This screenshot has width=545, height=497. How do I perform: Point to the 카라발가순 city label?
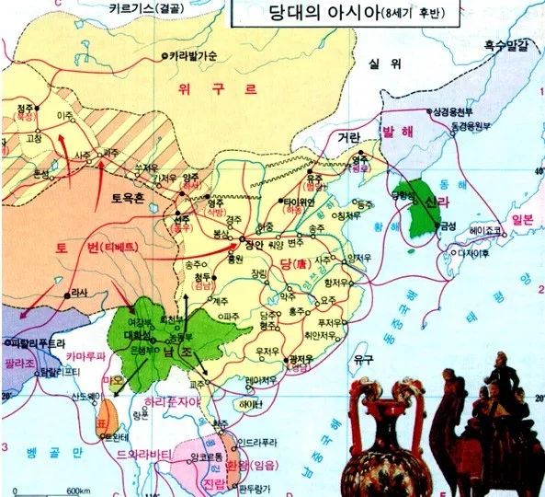(193, 56)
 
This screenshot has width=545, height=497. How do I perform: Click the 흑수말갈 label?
(503, 44)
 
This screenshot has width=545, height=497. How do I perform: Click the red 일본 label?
(522, 219)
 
